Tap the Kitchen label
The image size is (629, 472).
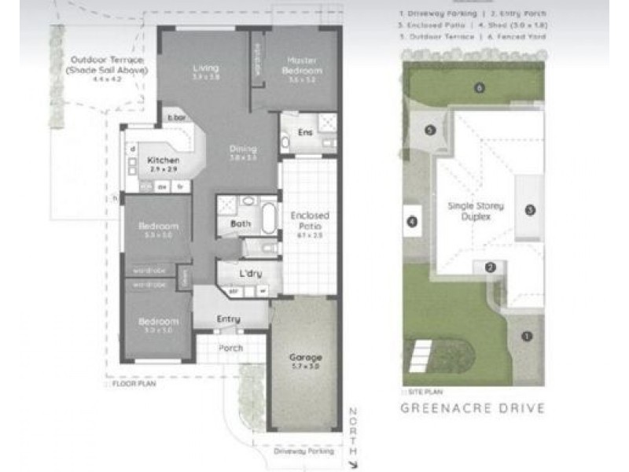(x=164, y=160)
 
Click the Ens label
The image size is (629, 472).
(x=305, y=132)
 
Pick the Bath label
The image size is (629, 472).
(x=241, y=223)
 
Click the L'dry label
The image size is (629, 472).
(x=250, y=274)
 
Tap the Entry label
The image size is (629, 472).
(x=228, y=319)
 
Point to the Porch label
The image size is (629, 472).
(x=230, y=348)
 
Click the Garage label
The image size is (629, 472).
(x=306, y=357)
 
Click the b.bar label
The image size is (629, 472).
(x=175, y=119)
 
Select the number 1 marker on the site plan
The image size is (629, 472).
(x=527, y=336)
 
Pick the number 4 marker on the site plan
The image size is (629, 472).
(x=412, y=222)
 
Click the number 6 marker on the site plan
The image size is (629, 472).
(x=479, y=87)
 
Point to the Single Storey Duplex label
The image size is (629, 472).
(x=476, y=211)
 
